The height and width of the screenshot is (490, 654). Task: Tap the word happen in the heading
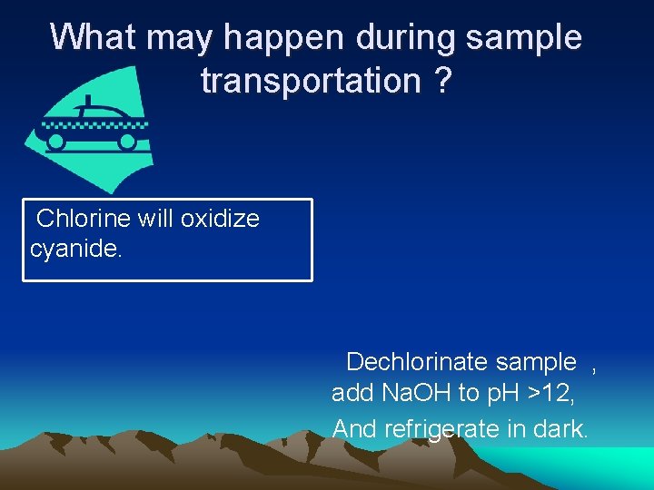(x=280, y=37)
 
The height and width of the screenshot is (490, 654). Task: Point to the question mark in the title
(x=441, y=81)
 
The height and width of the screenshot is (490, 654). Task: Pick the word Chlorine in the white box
(x=84, y=219)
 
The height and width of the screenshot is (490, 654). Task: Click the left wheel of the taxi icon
(x=56, y=142)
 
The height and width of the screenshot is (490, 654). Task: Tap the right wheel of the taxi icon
(x=128, y=142)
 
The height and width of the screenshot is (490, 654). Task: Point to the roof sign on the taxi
(x=87, y=100)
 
